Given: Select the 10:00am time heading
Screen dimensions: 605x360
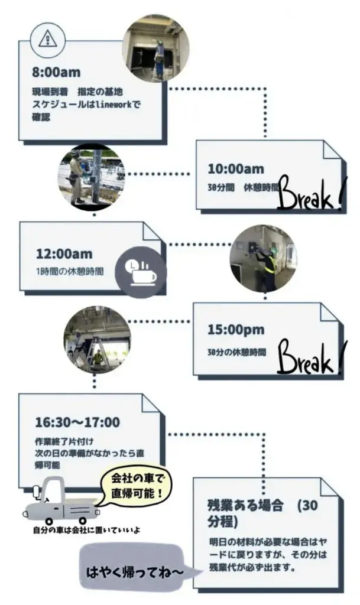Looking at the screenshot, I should coord(235,169).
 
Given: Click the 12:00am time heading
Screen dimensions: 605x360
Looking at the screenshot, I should coord(64,254).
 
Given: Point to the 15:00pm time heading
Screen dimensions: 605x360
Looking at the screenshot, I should coord(235,330).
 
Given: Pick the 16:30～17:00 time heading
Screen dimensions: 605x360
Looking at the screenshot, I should coord(77,422).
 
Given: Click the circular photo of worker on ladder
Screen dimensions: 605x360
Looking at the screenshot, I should coord(155,48).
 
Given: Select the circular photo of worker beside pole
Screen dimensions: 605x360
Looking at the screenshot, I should coord(91,175).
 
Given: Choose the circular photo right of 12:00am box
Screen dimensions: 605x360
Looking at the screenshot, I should coord(262,258).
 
